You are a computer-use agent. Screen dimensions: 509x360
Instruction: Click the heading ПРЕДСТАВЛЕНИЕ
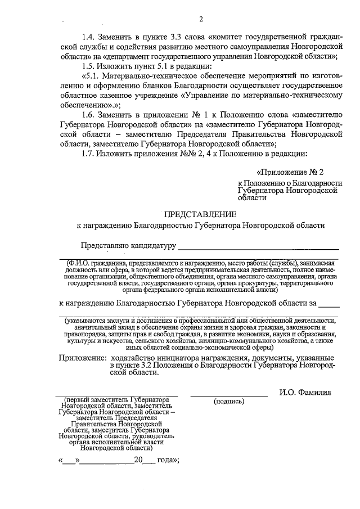coord(200,214)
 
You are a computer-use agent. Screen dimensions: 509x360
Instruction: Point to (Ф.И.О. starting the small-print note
coord(79,263)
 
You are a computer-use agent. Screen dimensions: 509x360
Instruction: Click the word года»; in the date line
coord(168,460)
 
